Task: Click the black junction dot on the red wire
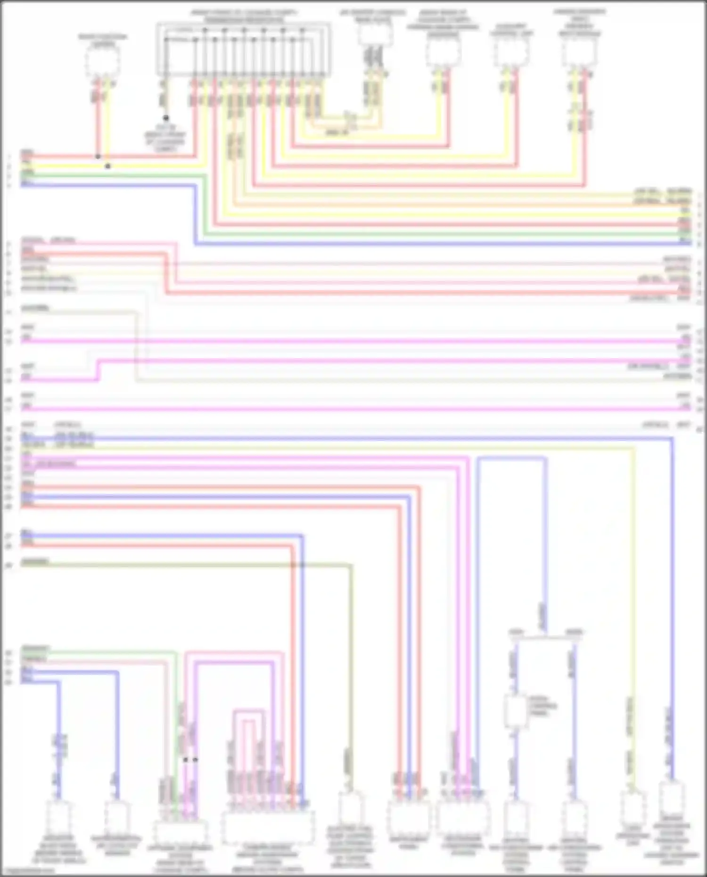[x=98, y=156]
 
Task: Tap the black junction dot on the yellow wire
[x=108, y=166]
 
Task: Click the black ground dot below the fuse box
[x=166, y=118]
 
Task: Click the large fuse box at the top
[x=243, y=49]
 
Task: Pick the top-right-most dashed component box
[x=579, y=52]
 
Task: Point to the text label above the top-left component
[x=103, y=41]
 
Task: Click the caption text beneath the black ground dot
[x=165, y=138]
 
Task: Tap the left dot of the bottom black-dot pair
[x=185, y=760]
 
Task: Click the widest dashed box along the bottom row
[x=268, y=828]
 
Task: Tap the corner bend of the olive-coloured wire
[x=351, y=565]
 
